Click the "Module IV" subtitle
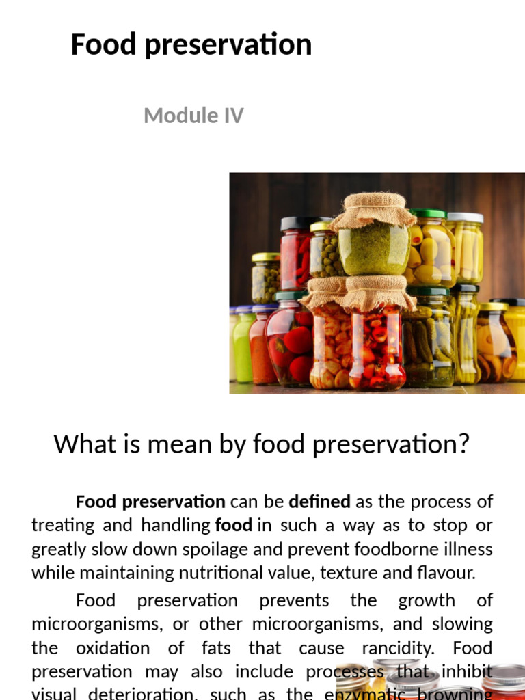coord(193,116)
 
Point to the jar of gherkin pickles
coord(427,342)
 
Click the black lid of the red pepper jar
coord(301,224)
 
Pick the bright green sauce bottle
coord(244,345)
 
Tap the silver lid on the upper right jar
coord(466,218)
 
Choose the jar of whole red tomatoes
coord(289,346)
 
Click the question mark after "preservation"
coord(463,444)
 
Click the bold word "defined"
coord(319,502)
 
